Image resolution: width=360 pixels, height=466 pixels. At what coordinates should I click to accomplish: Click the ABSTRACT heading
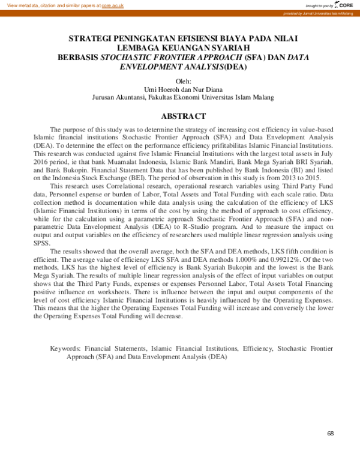(184, 116)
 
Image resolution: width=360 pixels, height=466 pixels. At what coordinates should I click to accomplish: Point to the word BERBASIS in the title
(77, 58)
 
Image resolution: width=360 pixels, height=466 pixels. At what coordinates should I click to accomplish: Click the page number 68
(331, 434)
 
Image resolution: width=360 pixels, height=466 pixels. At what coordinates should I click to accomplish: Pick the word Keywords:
(65, 348)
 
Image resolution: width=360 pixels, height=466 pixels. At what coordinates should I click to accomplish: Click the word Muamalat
(101, 161)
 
